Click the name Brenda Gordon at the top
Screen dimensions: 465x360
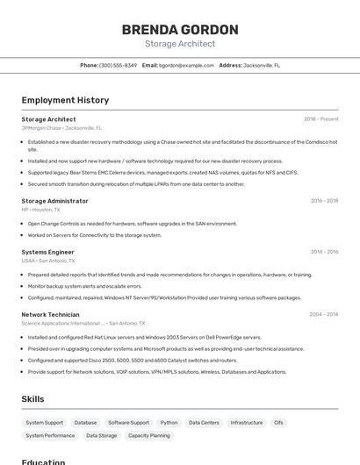[180, 30]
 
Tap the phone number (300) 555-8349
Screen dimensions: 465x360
[118, 65]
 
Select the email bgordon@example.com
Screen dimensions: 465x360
[186, 65]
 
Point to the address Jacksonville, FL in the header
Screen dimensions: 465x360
[262, 65]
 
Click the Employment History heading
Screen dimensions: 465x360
[65, 100]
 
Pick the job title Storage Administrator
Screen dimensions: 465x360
[54, 201]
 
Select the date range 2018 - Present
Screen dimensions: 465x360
[320, 119]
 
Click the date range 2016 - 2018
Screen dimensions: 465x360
[324, 201]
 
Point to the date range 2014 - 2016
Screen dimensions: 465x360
[324, 252]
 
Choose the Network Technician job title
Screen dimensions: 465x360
[50, 314]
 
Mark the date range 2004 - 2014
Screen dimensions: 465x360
[323, 314]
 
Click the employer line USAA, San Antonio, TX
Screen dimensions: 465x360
[48, 261]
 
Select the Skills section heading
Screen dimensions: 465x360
[32, 399]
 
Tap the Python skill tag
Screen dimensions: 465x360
[169, 422]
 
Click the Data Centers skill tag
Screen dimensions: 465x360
[204, 422]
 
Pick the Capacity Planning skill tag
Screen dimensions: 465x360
[149, 435]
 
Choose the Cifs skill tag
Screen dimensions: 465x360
[278, 422]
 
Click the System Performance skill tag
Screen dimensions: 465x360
[50, 435]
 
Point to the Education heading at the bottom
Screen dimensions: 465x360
[43, 461]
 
